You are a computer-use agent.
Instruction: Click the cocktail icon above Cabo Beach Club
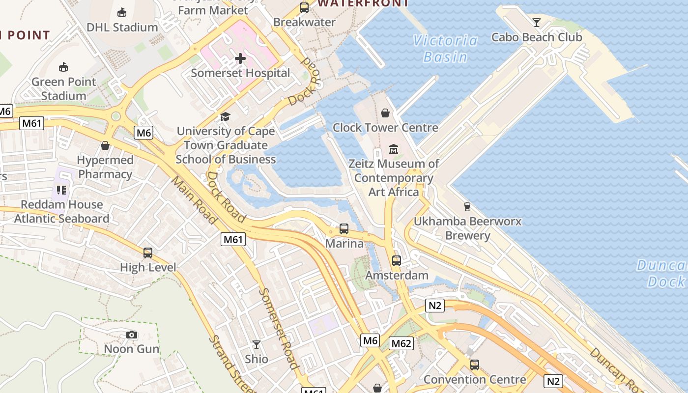click(x=536, y=23)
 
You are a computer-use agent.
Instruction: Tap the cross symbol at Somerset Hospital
click(x=240, y=59)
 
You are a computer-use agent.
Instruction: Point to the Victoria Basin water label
click(x=445, y=49)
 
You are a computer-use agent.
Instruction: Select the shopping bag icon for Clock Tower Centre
click(x=385, y=113)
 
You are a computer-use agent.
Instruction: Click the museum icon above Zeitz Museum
click(x=394, y=149)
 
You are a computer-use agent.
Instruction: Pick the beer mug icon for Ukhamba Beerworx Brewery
click(x=467, y=207)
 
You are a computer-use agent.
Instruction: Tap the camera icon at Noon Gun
click(x=131, y=335)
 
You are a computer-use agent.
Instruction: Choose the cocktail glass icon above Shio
click(x=256, y=345)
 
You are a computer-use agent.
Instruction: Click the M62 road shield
click(x=401, y=343)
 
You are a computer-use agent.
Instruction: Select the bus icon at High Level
click(x=148, y=253)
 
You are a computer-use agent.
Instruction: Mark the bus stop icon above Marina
click(x=344, y=229)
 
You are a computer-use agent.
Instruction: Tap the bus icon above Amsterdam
click(x=397, y=261)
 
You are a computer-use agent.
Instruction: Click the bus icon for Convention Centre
click(x=474, y=365)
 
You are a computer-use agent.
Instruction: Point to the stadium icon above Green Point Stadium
click(x=63, y=67)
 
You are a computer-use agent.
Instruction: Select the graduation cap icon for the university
click(x=226, y=116)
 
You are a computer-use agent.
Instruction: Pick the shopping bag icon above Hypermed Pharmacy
click(x=105, y=145)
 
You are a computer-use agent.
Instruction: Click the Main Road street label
click(x=194, y=200)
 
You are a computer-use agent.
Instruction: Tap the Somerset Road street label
click(x=278, y=328)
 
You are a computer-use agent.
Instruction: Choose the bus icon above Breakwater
click(x=304, y=8)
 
